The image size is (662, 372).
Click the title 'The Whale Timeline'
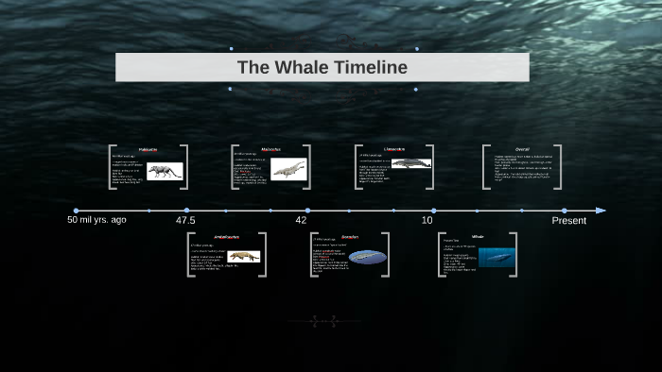(322, 67)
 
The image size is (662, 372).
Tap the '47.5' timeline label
(185, 220)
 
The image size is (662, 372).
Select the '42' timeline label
(301, 220)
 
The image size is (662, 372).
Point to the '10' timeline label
(427, 220)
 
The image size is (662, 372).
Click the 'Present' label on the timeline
(569, 220)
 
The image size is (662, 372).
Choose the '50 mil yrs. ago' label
(96, 220)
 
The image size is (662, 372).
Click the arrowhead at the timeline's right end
(601, 210)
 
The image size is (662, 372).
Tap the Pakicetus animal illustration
(165, 171)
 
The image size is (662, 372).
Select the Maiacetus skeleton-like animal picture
(287, 169)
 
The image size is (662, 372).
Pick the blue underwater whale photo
(496, 257)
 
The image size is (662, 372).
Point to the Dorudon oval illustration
(368, 257)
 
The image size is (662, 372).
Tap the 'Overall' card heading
(522, 149)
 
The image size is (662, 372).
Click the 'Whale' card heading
(478, 236)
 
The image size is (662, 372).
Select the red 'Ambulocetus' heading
(227, 236)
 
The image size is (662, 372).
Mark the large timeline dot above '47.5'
(186, 210)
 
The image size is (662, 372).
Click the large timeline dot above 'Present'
(565, 210)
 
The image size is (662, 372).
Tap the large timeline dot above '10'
(433, 210)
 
